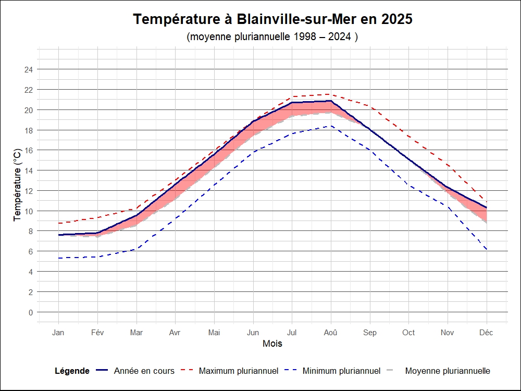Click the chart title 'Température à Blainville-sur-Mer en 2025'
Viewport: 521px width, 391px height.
point(272,19)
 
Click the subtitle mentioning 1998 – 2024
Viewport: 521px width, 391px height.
point(271,37)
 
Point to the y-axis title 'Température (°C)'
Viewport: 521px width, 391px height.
point(18,184)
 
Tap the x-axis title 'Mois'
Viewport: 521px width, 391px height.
point(272,344)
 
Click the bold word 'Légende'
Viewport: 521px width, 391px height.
point(72,371)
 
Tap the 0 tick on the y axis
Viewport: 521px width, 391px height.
point(30,312)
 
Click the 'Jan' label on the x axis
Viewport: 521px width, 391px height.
point(58,333)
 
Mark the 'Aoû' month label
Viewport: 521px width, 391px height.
point(331,333)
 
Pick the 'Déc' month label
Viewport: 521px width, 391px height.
point(487,333)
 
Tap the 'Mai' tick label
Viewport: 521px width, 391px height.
point(214,333)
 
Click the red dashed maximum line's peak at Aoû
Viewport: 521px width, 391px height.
point(331,94)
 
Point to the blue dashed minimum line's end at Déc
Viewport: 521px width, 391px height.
point(487,250)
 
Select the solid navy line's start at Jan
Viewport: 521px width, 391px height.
point(58,235)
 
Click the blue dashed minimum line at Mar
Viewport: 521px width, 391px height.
point(137,249)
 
